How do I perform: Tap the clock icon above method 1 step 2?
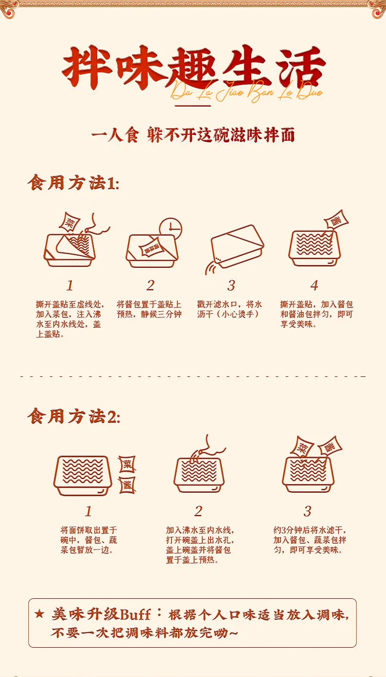[x=171, y=228]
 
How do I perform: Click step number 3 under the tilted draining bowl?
[x=231, y=285]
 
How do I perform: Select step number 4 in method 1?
[x=314, y=285]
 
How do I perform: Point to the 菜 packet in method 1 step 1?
[x=69, y=222]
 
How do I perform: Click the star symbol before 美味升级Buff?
[x=39, y=614]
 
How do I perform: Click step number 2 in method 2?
[x=198, y=511]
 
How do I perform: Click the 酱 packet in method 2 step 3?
[x=329, y=446]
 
